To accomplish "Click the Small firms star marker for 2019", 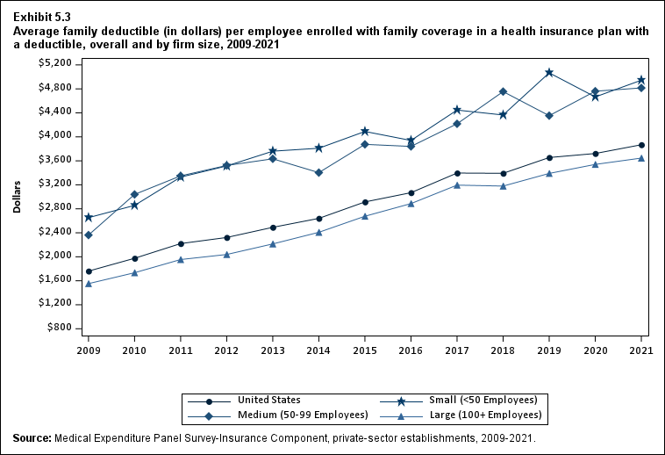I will [549, 73].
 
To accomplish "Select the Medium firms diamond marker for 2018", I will [503, 91].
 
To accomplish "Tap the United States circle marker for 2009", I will [88, 271].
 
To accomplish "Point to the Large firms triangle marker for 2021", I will [641, 158].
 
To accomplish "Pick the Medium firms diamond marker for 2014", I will [319, 172].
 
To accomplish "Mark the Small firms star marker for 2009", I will [88, 217].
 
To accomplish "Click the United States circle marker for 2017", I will [457, 173].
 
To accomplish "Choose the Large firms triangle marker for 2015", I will [365, 216].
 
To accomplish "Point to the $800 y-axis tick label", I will [61, 328].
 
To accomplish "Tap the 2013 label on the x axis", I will [273, 350].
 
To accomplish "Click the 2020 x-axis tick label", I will [596, 350].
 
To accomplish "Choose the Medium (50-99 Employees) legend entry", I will [290, 415].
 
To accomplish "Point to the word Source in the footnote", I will [32, 437].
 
